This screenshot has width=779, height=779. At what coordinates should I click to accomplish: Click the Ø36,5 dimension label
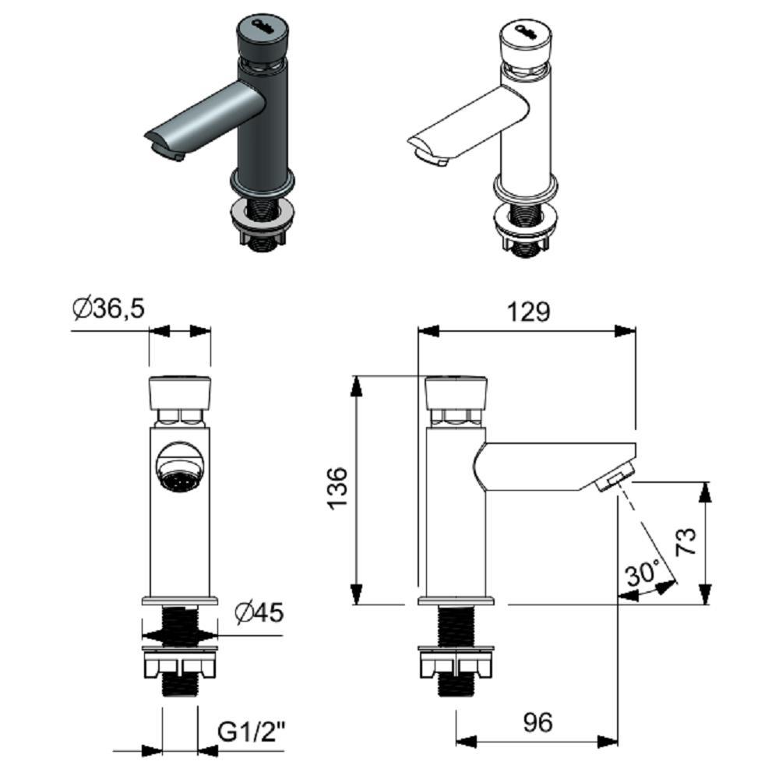coord(108,309)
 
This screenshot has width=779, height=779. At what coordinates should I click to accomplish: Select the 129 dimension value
coord(528,312)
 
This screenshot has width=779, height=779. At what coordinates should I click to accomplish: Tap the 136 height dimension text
coord(337,488)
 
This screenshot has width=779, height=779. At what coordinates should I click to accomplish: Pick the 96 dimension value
coord(538,722)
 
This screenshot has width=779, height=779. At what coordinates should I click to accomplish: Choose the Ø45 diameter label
coord(259,612)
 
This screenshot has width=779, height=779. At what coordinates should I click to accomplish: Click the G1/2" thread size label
coord(252,731)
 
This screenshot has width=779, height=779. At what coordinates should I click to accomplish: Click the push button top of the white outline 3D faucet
coord(525,39)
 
